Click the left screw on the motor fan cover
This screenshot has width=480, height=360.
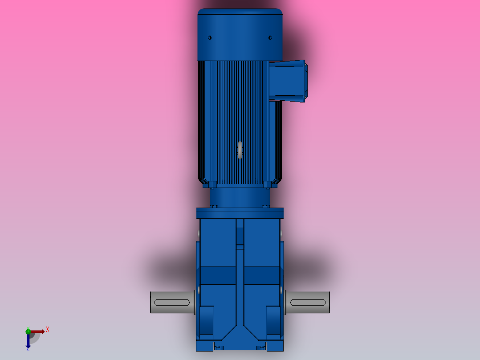pos(210,38)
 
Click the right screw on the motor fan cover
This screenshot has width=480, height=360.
pos(270,38)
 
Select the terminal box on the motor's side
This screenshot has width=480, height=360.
pos(288,81)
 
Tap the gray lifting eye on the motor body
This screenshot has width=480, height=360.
pos(240,150)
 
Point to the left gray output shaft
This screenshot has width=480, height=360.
pos(172,303)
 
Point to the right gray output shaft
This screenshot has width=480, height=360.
pos(307,303)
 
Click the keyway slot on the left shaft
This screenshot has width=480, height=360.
pos(172,303)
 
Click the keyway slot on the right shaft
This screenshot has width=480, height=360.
pos(307,303)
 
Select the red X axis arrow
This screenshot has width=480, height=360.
pos(37,331)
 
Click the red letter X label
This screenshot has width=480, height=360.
pos(47,330)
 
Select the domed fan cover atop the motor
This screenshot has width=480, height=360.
pos(240,33)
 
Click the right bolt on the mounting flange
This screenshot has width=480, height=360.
pos(266,206)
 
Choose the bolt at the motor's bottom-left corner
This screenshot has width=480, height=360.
pos(212,184)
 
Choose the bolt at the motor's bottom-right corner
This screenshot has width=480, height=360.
pos(267,184)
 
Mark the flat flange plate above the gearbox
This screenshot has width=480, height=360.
pos(240,213)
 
